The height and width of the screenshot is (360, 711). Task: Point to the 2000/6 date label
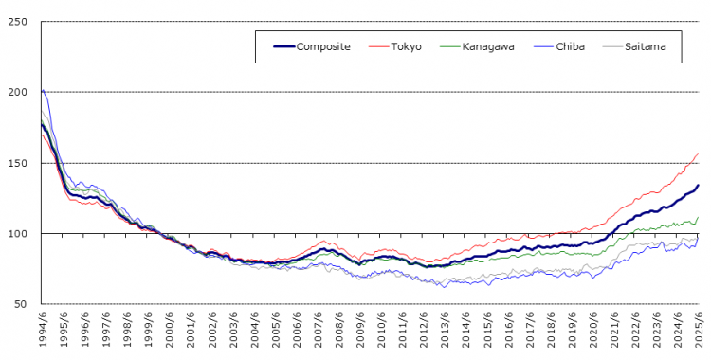169,328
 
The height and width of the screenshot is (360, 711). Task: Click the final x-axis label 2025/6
700,328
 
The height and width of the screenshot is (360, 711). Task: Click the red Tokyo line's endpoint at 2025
699,153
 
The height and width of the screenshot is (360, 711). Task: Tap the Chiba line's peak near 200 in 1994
44,91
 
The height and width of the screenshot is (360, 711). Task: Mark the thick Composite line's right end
699,185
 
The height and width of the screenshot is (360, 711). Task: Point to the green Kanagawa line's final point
699,217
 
